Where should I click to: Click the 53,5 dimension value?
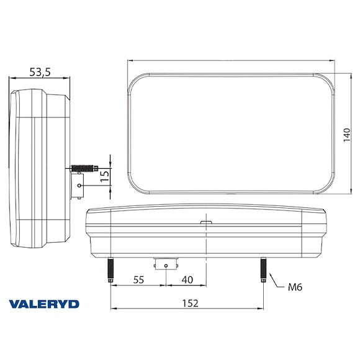click(40, 73)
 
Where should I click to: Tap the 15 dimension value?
click(105, 174)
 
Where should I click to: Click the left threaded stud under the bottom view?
click(110, 271)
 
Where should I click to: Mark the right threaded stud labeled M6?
click(264, 271)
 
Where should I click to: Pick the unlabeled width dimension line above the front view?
click(232, 61)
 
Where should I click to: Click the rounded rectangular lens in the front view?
click(232, 133)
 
